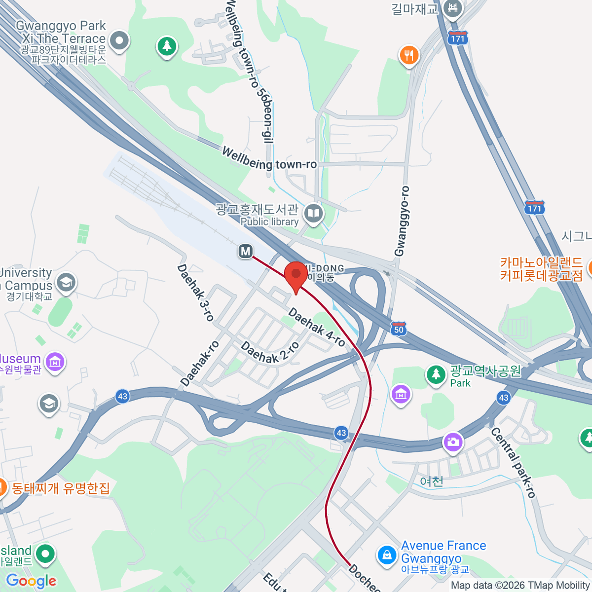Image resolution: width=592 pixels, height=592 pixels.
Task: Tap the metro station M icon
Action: pos(246,251)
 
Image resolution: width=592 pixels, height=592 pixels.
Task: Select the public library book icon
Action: pos(313,214)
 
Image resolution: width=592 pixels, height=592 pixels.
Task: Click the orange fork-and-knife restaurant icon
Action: pos(408,55)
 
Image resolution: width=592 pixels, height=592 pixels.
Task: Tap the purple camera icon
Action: pos(452,442)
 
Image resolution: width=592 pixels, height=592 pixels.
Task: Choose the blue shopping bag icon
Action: pos(387,555)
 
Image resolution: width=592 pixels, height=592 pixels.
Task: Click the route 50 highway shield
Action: pos(399,329)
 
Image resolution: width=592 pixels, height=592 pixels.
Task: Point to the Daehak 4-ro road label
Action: pos(317,327)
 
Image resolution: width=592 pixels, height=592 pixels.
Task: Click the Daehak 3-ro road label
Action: pos(195,293)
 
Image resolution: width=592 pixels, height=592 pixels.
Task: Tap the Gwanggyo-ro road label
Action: pos(402,221)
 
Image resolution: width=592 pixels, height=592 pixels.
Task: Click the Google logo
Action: pos(31,581)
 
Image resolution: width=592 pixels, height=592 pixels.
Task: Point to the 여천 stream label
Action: pos(432,481)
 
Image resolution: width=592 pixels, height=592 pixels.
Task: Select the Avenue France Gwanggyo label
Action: pos(443,552)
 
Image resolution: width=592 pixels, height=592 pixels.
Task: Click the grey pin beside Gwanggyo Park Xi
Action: pos(119,41)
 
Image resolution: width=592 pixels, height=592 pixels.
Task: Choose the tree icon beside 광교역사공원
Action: pos(436,374)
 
